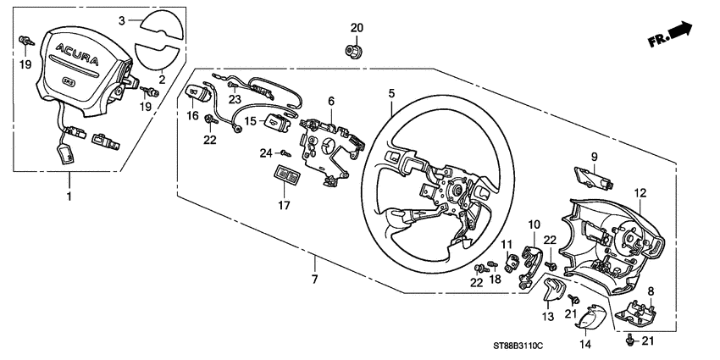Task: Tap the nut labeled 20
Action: coord(356,50)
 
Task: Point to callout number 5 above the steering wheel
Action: coord(391,94)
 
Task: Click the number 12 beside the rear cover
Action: coord(640,193)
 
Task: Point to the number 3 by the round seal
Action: coord(122,19)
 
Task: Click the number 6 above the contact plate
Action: coord(331,101)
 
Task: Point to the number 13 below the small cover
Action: coord(547,316)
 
